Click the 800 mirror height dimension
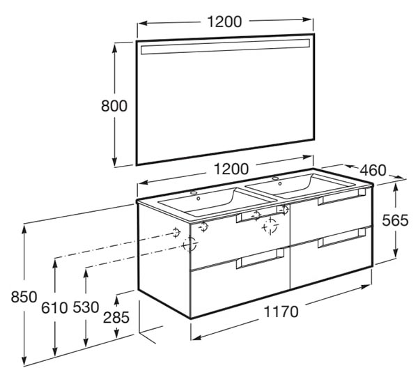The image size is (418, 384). [114, 106]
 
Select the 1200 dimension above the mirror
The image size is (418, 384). [224, 22]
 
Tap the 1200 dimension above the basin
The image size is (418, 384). [231, 169]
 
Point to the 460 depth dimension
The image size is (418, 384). [373, 171]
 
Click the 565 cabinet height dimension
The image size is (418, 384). [395, 220]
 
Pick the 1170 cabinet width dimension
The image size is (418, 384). [281, 312]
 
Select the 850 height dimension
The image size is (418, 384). [24, 297]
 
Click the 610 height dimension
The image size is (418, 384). [54, 308]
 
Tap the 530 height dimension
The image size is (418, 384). [86, 307]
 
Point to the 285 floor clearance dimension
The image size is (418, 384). [116, 318]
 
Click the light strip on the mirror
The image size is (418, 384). [225, 47]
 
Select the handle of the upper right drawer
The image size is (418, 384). [342, 197]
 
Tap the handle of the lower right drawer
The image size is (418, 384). [342, 238]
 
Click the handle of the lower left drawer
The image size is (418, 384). [261, 259]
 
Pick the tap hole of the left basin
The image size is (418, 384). [194, 192]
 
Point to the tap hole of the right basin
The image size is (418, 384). [275, 178]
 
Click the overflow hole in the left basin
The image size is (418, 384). [199, 199]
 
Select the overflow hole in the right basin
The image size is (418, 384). [280, 183]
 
